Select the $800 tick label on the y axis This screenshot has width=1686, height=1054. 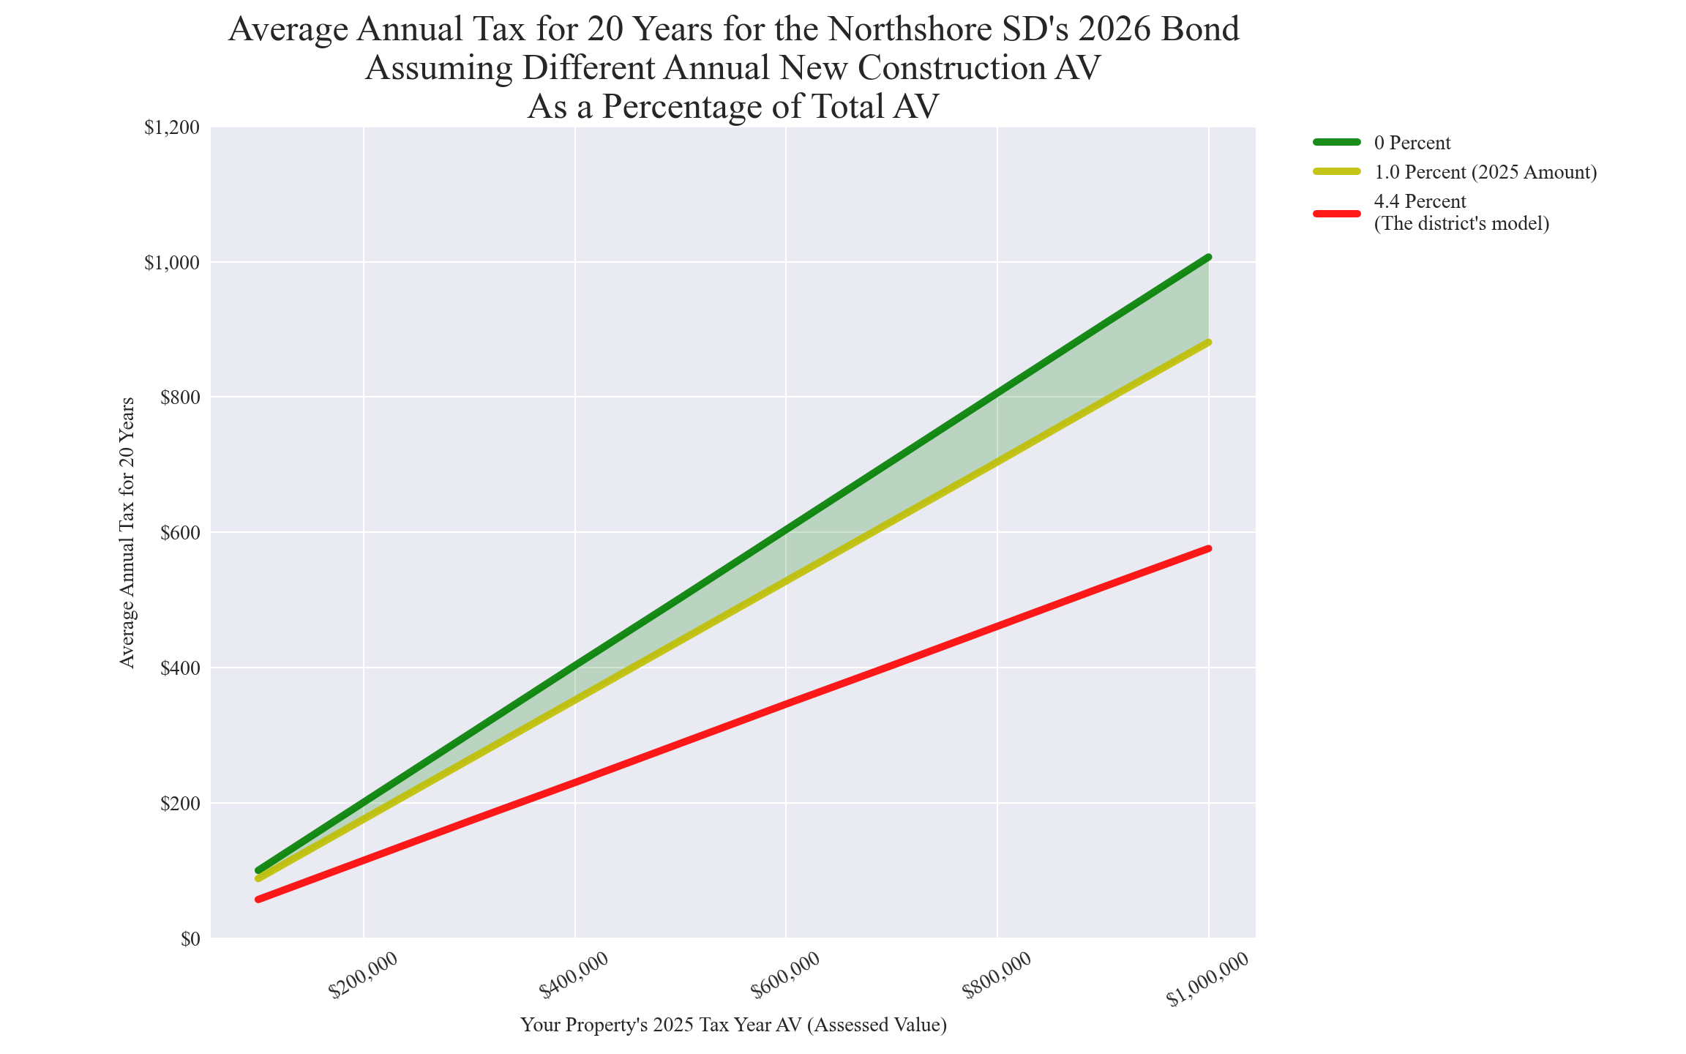179,398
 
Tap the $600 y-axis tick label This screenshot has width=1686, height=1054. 179,533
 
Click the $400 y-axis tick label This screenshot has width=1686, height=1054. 179,668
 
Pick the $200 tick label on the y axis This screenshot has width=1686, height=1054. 179,804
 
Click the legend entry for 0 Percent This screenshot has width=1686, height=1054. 1412,143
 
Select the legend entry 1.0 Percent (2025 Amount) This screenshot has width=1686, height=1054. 1485,173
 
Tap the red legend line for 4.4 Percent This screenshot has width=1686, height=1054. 1336,213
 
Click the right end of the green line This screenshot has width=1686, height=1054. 1209,257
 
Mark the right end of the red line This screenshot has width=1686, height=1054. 1209,548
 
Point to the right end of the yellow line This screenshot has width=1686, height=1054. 1209,342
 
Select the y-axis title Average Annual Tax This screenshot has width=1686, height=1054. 127,533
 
